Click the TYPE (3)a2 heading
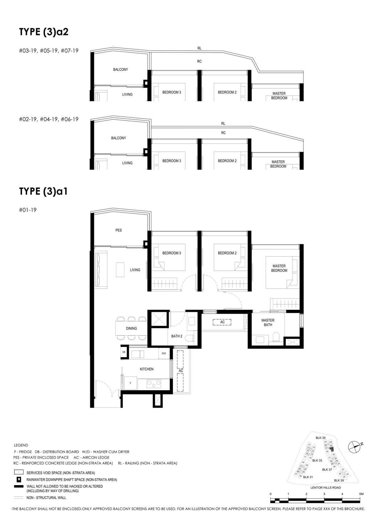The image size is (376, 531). click(x=44, y=32)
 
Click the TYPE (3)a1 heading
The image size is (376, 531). click(x=43, y=191)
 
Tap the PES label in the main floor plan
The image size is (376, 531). click(x=118, y=230)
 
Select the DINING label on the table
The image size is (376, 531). click(x=131, y=328)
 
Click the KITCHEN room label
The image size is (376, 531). click(x=147, y=369)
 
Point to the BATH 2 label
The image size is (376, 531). click(x=177, y=336)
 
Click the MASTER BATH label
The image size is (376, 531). click(x=268, y=322)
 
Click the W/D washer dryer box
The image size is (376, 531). click(x=164, y=353)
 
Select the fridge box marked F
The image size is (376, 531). click(x=130, y=383)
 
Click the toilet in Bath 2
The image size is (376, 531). click(x=189, y=338)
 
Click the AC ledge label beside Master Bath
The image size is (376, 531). click(x=222, y=322)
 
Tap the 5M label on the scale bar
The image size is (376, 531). click(x=361, y=494)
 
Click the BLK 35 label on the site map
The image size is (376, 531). click(x=321, y=438)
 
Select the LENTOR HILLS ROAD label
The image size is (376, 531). click(x=326, y=488)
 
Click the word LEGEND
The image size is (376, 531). click(x=21, y=445)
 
